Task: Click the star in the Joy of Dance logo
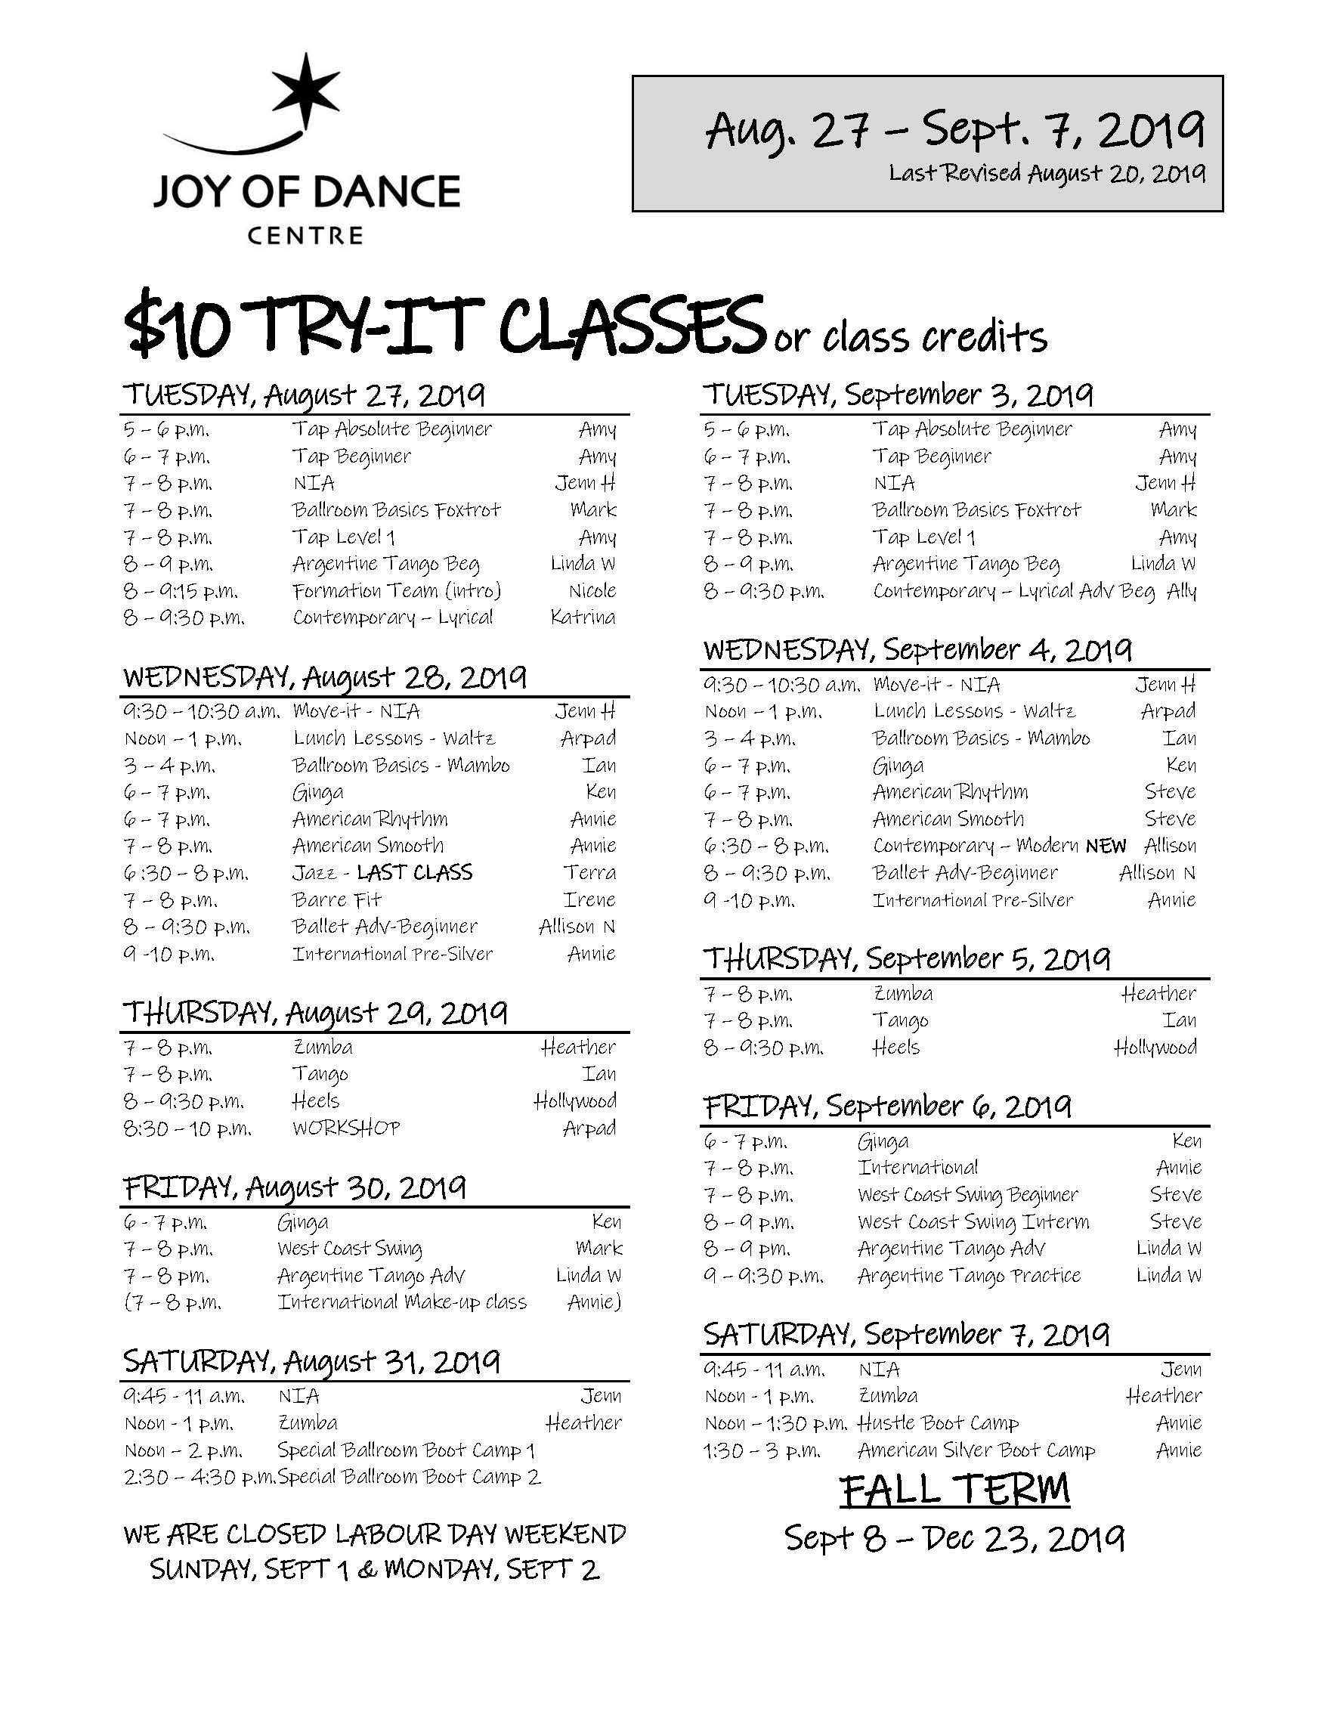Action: pos(304,91)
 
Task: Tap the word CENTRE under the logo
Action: pos(305,235)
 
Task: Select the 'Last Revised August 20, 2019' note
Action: pos(1047,172)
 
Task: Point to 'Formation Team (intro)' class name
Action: pos(396,590)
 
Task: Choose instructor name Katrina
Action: pos(583,617)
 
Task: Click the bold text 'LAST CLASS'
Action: pos(413,872)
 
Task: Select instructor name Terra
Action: pos(589,872)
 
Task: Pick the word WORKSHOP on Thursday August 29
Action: pos(346,1128)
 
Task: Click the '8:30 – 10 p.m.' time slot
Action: pos(187,1128)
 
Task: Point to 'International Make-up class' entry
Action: pos(402,1302)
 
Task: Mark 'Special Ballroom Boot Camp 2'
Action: pos(409,1477)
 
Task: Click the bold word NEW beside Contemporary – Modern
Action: pos(1105,847)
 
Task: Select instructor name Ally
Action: pos(1180,591)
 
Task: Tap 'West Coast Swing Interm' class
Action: pos(973,1221)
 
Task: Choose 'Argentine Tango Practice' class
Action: pos(969,1275)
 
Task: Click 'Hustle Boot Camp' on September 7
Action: pos(938,1422)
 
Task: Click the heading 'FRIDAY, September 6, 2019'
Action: pos(887,1107)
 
